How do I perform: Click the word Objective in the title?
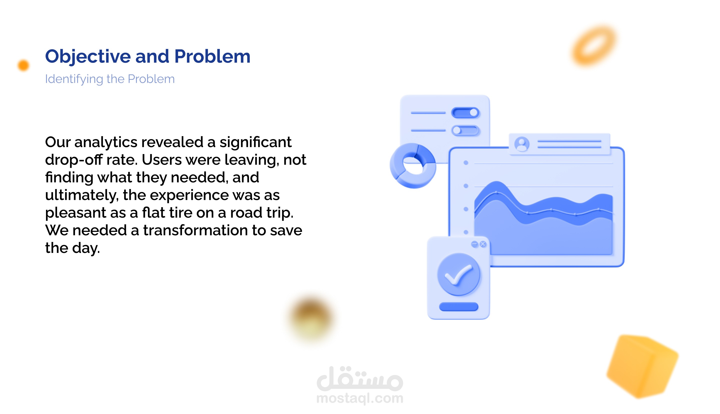coord(88,57)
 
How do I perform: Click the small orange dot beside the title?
coord(23,65)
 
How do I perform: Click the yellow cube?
coord(643,367)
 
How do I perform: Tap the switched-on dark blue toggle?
coord(465,113)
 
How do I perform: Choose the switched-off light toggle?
coord(465,131)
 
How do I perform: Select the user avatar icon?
coord(522,144)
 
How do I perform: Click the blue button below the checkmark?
coord(458,306)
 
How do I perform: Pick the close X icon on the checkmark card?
coord(483,244)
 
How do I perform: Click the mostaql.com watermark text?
coord(360,398)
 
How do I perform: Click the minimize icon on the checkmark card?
coord(474,244)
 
